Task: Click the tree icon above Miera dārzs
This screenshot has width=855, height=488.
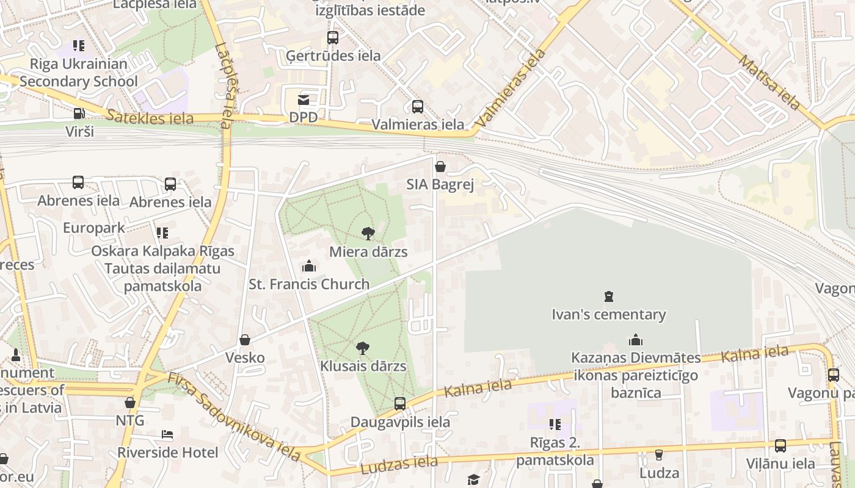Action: pyautogui.click(x=368, y=233)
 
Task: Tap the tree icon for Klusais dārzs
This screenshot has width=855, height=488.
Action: pyautogui.click(x=363, y=348)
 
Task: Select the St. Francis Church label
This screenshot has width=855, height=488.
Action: pyautogui.click(x=309, y=284)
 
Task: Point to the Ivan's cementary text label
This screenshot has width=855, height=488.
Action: pyautogui.click(x=608, y=315)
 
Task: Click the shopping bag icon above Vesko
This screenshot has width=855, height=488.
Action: pyautogui.click(x=245, y=340)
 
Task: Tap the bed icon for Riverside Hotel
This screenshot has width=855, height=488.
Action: pyautogui.click(x=167, y=434)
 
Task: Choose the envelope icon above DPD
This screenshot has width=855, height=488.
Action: pyautogui.click(x=304, y=99)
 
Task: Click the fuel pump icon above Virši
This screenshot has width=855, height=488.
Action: pyautogui.click(x=79, y=113)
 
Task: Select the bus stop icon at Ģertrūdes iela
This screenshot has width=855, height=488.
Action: pyautogui.click(x=333, y=38)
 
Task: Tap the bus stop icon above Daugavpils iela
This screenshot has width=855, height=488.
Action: pyautogui.click(x=400, y=403)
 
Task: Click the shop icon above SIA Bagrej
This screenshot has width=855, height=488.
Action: pyautogui.click(x=440, y=167)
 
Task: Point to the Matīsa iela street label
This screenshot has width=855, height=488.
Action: pyautogui.click(x=769, y=82)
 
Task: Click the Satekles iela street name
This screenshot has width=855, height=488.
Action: pyautogui.click(x=150, y=117)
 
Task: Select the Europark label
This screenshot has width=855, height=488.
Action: pyautogui.click(x=94, y=228)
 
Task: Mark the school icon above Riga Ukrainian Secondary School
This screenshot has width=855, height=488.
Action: pyautogui.click(x=78, y=46)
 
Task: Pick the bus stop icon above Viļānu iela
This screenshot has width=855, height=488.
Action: pyautogui.click(x=780, y=446)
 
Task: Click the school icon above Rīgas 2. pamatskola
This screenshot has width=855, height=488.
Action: pyautogui.click(x=555, y=424)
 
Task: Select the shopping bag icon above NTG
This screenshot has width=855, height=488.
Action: pyautogui.click(x=130, y=403)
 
